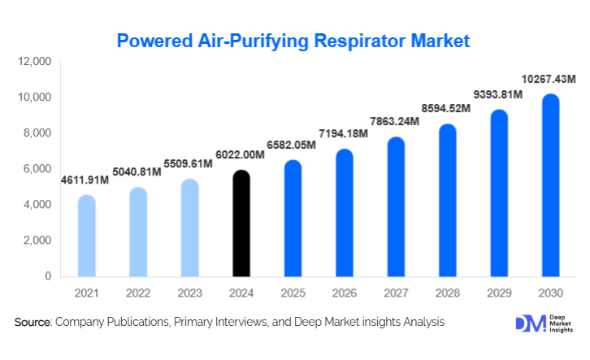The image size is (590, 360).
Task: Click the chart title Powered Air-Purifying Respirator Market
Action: (293, 40)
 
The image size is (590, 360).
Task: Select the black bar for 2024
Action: (241, 223)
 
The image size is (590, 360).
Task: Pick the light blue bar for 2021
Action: (86, 236)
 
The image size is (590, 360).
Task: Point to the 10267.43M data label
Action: (548, 80)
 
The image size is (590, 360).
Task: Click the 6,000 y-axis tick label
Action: (37, 169)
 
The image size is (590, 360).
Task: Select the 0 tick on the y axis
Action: (47, 276)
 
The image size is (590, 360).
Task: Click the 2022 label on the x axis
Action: (137, 293)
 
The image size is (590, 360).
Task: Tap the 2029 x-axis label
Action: (498, 293)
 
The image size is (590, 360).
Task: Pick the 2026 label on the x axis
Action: (344, 293)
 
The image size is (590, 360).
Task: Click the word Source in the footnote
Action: (33, 323)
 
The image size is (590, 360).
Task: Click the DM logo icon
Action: (527, 323)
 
